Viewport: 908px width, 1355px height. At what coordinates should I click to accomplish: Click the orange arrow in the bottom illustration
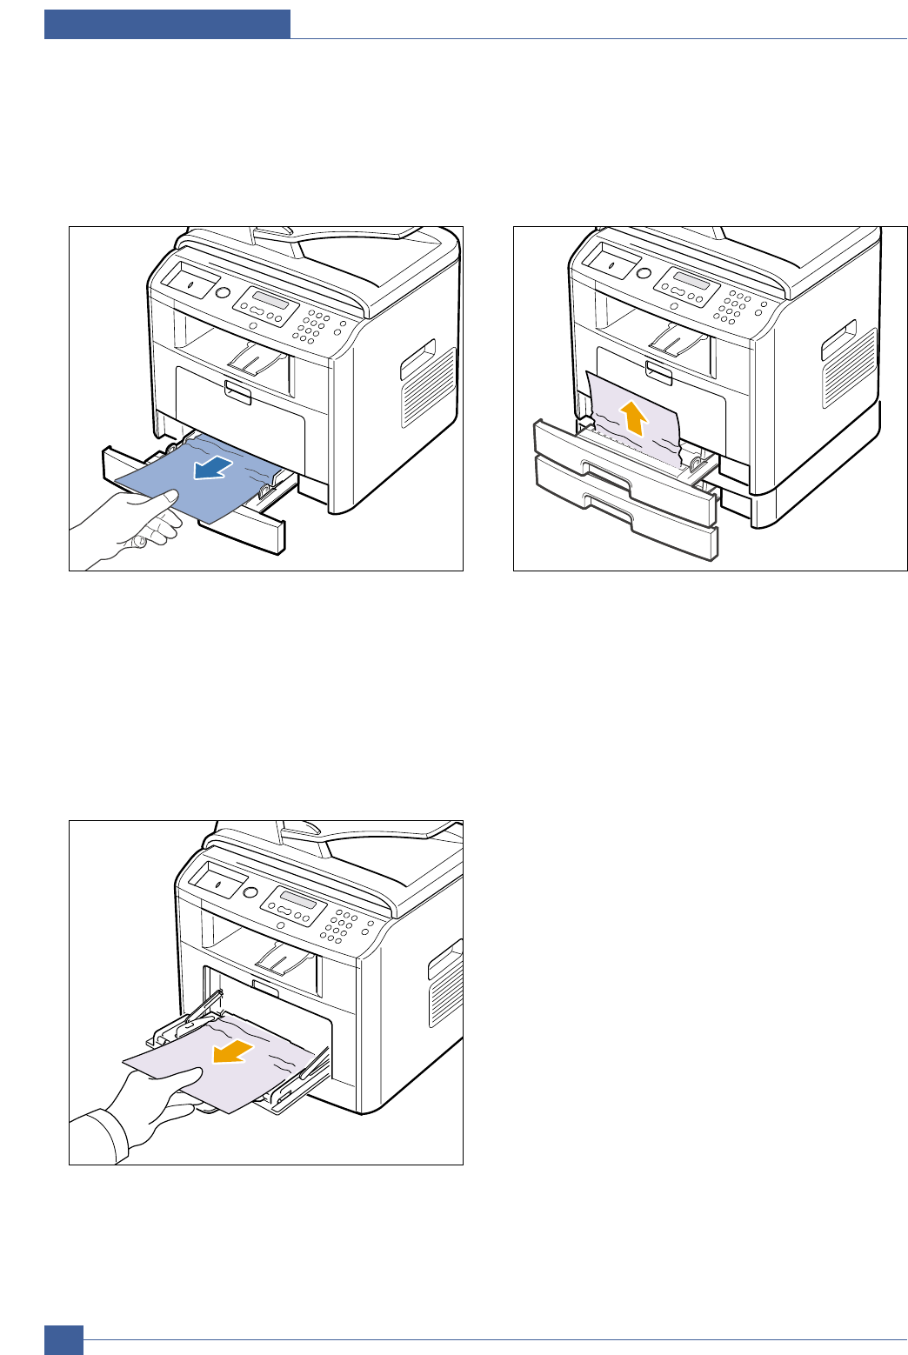click(232, 1053)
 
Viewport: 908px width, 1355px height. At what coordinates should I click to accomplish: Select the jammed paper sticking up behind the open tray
click(631, 417)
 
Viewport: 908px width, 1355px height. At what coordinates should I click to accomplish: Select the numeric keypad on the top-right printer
click(732, 304)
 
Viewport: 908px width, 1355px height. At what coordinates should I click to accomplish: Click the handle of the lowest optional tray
click(609, 502)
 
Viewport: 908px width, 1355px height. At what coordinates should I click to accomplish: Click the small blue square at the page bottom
click(64, 1339)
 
